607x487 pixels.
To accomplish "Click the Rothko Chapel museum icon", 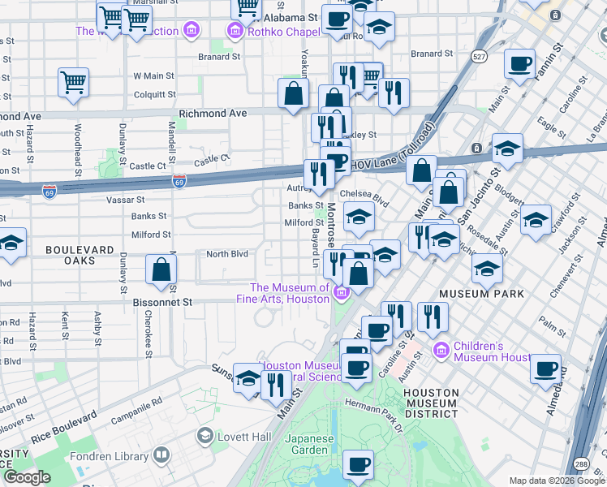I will (x=235, y=32).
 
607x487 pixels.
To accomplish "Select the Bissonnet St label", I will (x=163, y=302).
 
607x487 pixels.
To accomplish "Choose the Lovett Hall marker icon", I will (x=204, y=437).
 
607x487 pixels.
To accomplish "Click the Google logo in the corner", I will (x=27, y=477).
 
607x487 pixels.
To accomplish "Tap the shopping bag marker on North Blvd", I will (x=161, y=269).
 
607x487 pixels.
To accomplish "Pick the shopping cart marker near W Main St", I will (x=73, y=82).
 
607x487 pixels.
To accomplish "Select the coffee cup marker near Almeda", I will (x=545, y=370).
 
